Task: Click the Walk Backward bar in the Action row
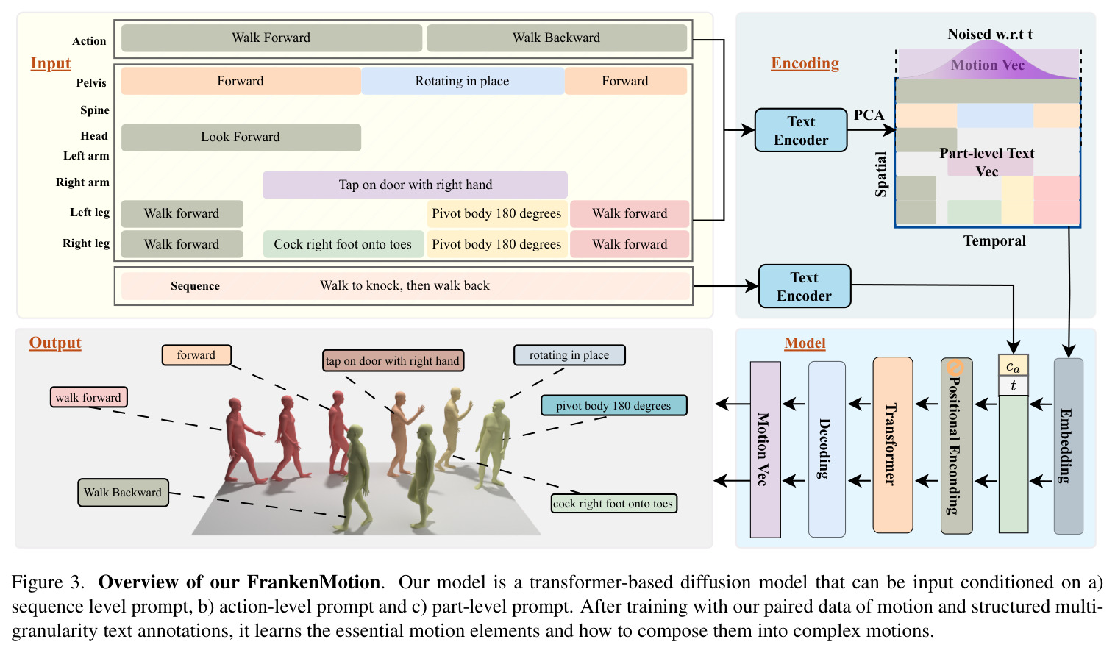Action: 557,38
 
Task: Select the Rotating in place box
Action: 463,81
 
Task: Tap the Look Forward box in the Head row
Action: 241,138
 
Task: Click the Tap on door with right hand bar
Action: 415,185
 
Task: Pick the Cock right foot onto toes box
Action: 343,244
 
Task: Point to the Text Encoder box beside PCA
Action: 801,130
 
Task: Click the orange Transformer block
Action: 892,445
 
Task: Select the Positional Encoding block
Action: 956,446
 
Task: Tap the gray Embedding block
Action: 1068,446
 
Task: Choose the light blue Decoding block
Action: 827,449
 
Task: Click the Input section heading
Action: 51,64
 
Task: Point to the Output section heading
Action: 55,343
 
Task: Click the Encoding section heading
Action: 805,64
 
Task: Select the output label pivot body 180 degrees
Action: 613,406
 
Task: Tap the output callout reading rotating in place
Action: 569,355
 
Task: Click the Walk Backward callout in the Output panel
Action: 123,493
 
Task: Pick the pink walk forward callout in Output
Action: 88,397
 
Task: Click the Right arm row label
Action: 82,182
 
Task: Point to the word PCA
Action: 869,115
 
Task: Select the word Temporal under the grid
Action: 994,241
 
